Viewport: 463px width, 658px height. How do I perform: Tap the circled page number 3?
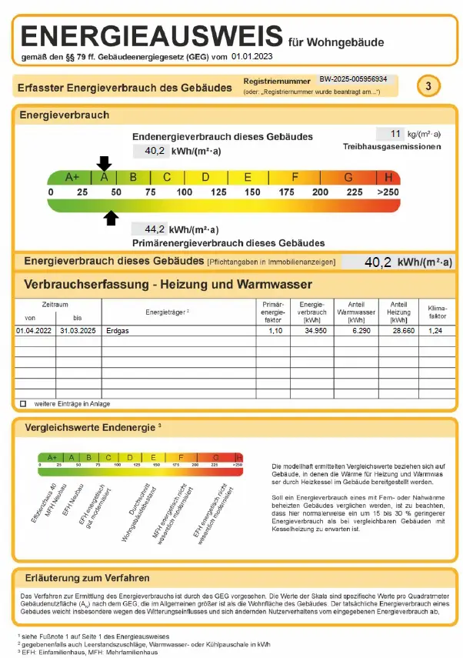(x=428, y=85)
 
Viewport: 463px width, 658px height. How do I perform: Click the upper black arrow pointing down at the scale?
(x=104, y=162)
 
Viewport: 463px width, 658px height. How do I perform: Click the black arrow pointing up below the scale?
(x=112, y=218)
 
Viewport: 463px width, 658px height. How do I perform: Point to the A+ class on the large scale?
(x=72, y=177)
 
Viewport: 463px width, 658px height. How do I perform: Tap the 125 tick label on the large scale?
(x=218, y=192)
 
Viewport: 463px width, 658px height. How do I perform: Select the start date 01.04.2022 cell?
(x=34, y=330)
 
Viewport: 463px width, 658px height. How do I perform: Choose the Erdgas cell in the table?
(x=118, y=330)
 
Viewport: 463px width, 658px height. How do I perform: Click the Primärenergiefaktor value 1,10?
(x=274, y=330)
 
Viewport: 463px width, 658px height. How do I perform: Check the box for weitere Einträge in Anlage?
(x=22, y=403)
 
